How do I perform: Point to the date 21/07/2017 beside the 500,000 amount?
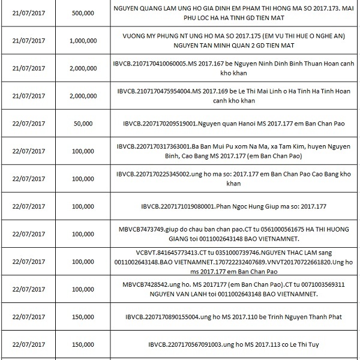click(x=29, y=13)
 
